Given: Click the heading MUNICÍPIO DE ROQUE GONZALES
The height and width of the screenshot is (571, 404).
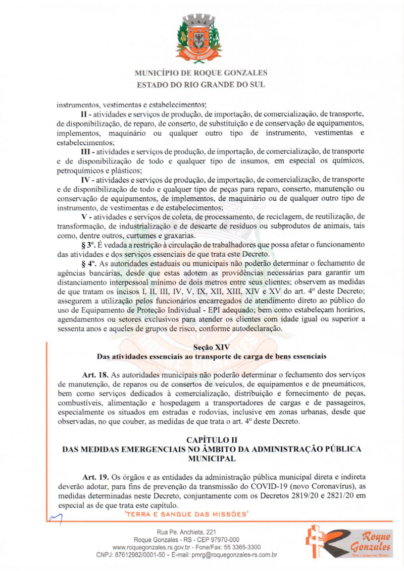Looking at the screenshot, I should [201, 73].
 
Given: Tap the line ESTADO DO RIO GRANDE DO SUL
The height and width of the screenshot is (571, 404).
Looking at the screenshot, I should [201, 85].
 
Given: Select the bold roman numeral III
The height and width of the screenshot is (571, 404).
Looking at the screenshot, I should [87, 151].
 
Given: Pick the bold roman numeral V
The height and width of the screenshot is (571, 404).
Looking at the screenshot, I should [84, 216].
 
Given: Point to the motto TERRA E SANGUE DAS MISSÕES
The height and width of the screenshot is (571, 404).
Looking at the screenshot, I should [187, 515].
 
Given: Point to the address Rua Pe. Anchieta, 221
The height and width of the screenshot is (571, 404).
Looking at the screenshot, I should [187, 532].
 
